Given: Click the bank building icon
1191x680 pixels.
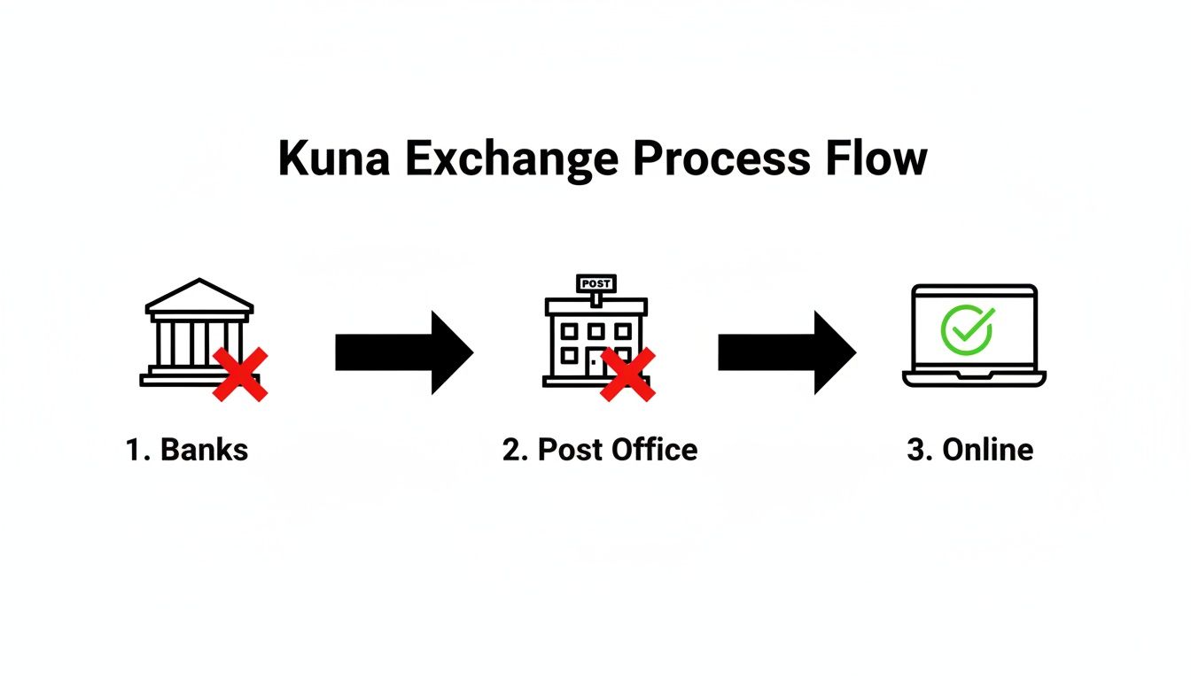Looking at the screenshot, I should click(197, 332).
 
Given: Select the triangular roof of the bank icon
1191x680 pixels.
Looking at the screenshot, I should click(199, 297).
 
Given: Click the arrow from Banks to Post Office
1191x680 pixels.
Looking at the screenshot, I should click(404, 352).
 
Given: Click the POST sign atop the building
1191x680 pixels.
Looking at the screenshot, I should click(596, 282).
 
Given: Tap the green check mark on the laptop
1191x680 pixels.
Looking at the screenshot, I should click(967, 329).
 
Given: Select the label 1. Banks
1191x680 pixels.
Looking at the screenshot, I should click(187, 450).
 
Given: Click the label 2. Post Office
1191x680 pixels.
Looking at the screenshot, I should click(600, 450).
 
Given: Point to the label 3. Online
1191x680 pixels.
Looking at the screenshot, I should click(969, 450).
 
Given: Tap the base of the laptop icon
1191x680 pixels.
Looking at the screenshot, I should click(974, 378).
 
